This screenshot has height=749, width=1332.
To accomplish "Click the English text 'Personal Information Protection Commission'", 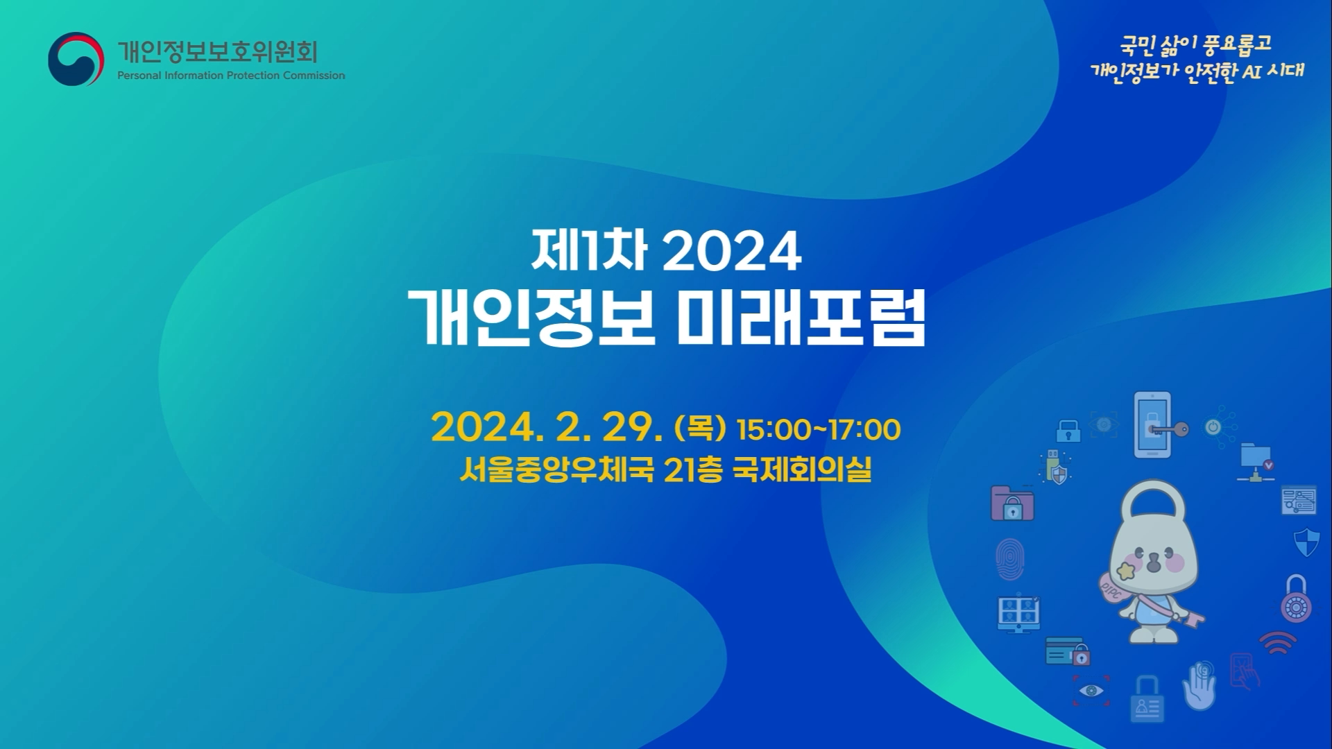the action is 231,76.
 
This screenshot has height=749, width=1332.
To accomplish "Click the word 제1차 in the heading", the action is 589,250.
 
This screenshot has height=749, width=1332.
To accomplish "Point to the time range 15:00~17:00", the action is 819,430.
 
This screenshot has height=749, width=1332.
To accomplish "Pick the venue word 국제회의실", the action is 802,470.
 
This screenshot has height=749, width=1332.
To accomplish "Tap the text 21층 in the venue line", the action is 693,470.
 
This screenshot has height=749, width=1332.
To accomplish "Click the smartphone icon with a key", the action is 1159,425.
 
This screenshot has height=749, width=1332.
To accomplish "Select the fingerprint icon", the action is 1009,559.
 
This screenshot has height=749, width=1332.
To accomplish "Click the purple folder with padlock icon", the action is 1012,503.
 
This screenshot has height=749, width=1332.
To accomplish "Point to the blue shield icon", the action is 1306,542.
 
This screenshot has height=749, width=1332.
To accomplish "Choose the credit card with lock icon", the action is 1067,652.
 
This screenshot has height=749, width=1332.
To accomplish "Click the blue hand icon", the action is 1200,686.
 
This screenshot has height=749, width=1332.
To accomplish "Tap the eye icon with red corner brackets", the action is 1091,691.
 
